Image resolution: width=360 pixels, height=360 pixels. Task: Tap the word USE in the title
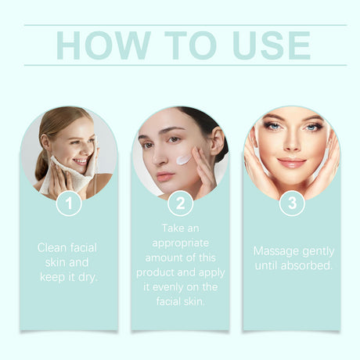tap(268, 45)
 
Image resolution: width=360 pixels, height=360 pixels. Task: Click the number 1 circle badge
tap(69, 203)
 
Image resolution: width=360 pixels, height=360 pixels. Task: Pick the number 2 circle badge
tap(180, 203)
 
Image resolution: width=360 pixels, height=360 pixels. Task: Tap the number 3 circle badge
tap(292, 203)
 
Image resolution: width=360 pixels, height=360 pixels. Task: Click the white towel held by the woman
tap(63, 176)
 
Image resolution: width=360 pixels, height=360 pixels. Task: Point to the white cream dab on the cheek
tap(183, 159)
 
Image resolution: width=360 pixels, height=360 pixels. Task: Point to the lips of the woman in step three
tap(291, 163)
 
